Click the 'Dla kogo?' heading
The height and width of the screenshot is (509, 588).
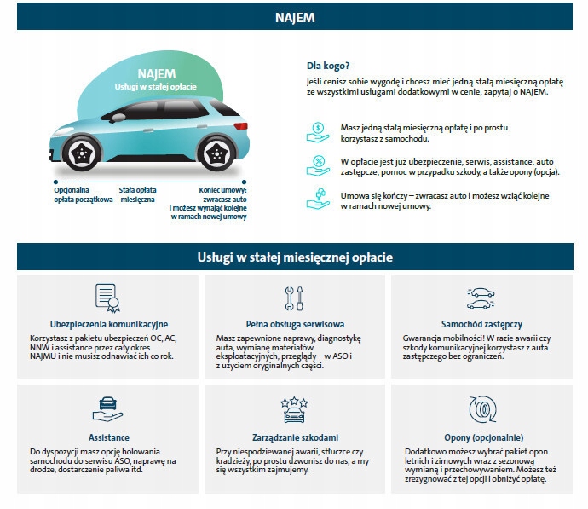328,66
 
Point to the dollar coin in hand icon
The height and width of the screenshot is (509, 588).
317,130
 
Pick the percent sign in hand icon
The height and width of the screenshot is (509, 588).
317,165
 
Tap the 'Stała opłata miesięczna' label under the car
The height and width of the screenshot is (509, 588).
136,194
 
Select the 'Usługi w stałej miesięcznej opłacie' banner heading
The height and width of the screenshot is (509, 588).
293,257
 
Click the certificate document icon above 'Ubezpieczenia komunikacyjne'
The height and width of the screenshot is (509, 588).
105,298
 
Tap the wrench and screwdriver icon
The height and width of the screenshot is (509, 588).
293,298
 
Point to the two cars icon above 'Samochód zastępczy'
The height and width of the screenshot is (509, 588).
481,298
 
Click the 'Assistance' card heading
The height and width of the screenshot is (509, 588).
109,437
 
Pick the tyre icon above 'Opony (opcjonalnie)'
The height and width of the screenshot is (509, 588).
481,408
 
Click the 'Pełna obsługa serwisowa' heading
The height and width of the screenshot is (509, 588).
293,325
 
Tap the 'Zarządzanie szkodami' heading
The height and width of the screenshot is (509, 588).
293,437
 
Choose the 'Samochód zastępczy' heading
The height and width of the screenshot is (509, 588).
481,325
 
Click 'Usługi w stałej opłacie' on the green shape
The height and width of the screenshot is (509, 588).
157,87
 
